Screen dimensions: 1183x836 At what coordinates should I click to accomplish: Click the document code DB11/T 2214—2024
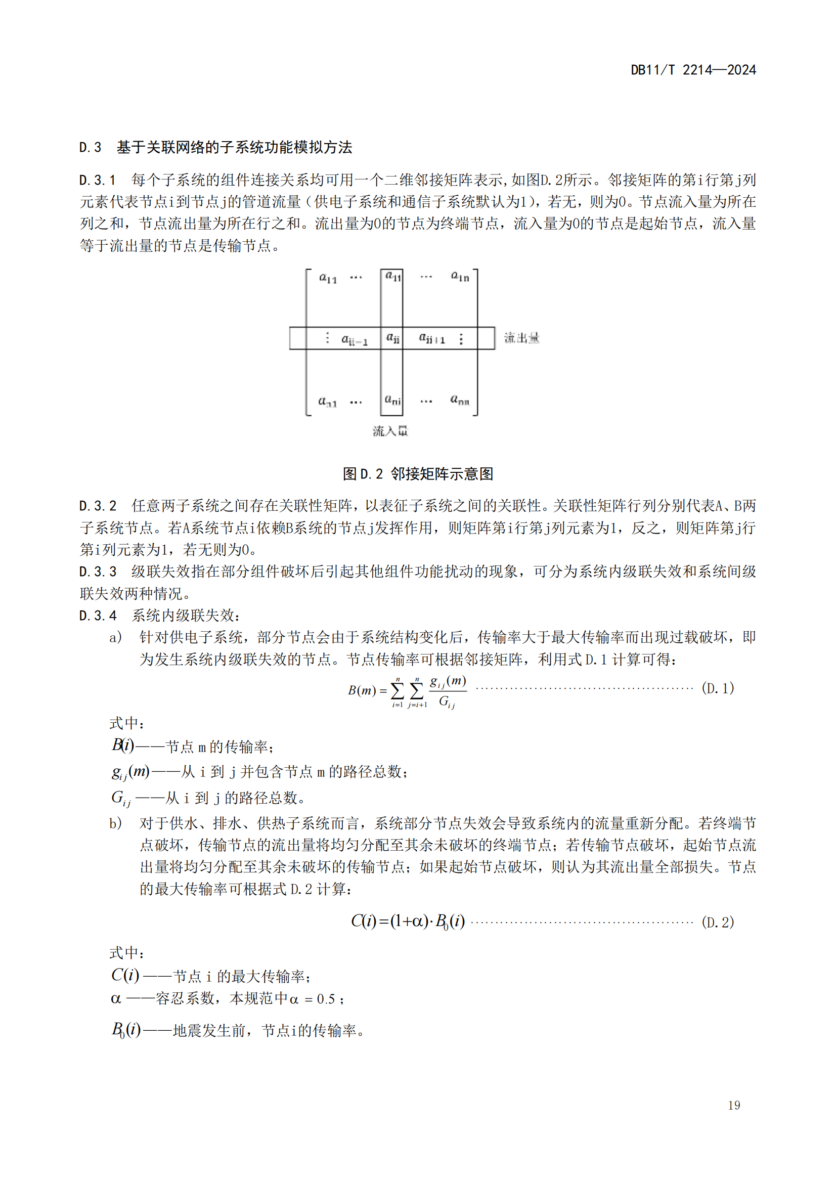click(x=693, y=70)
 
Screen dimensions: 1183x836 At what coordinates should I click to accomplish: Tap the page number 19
click(x=733, y=1105)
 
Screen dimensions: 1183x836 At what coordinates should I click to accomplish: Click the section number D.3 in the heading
click(x=90, y=148)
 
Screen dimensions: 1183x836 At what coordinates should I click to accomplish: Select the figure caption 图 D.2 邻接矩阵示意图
click(x=418, y=473)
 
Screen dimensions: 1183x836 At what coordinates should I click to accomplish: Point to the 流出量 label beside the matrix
click(x=521, y=338)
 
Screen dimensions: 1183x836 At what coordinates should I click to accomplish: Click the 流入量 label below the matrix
click(x=390, y=431)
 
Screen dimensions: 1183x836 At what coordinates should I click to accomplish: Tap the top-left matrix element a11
click(x=328, y=278)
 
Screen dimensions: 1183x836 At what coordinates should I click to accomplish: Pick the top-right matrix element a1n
click(x=460, y=277)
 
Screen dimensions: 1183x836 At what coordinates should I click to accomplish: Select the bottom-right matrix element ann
click(x=459, y=400)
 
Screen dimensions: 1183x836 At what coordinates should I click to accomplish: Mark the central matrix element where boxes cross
click(x=392, y=338)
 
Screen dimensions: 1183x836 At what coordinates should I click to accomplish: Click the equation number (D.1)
click(x=718, y=688)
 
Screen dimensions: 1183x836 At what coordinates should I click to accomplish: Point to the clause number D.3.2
click(x=98, y=506)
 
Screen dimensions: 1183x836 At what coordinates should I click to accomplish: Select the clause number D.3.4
click(x=98, y=616)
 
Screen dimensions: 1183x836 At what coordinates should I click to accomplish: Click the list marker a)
click(x=115, y=638)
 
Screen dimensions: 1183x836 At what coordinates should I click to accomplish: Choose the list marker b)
click(x=115, y=823)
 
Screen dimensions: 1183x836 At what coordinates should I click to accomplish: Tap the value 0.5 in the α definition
click(x=326, y=999)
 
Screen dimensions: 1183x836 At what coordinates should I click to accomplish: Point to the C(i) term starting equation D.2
click(x=364, y=921)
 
